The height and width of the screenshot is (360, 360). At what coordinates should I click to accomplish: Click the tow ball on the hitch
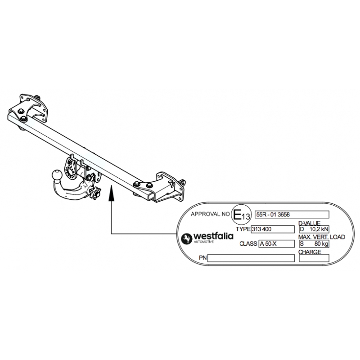(57, 175)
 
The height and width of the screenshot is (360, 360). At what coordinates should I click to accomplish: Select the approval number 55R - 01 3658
(273, 215)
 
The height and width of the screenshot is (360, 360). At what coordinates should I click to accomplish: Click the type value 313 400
(261, 229)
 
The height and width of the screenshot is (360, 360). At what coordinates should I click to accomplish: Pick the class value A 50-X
(268, 244)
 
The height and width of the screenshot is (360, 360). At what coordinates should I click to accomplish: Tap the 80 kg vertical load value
(321, 244)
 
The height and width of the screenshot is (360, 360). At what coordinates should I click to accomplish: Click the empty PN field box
(251, 258)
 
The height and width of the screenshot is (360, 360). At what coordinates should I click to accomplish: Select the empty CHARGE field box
(314, 258)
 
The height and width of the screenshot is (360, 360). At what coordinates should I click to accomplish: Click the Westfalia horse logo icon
(186, 239)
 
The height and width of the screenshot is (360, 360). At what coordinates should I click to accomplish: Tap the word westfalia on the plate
(213, 236)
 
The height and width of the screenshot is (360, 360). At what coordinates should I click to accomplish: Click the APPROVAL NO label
(210, 214)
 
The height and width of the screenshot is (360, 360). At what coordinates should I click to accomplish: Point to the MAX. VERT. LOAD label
(322, 237)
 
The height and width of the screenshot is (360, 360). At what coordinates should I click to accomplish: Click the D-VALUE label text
(309, 223)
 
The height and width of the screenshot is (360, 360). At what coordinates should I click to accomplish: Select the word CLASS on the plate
(248, 243)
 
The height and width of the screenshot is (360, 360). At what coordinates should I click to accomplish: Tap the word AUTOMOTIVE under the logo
(204, 242)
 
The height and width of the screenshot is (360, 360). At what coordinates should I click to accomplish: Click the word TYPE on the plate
(243, 229)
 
